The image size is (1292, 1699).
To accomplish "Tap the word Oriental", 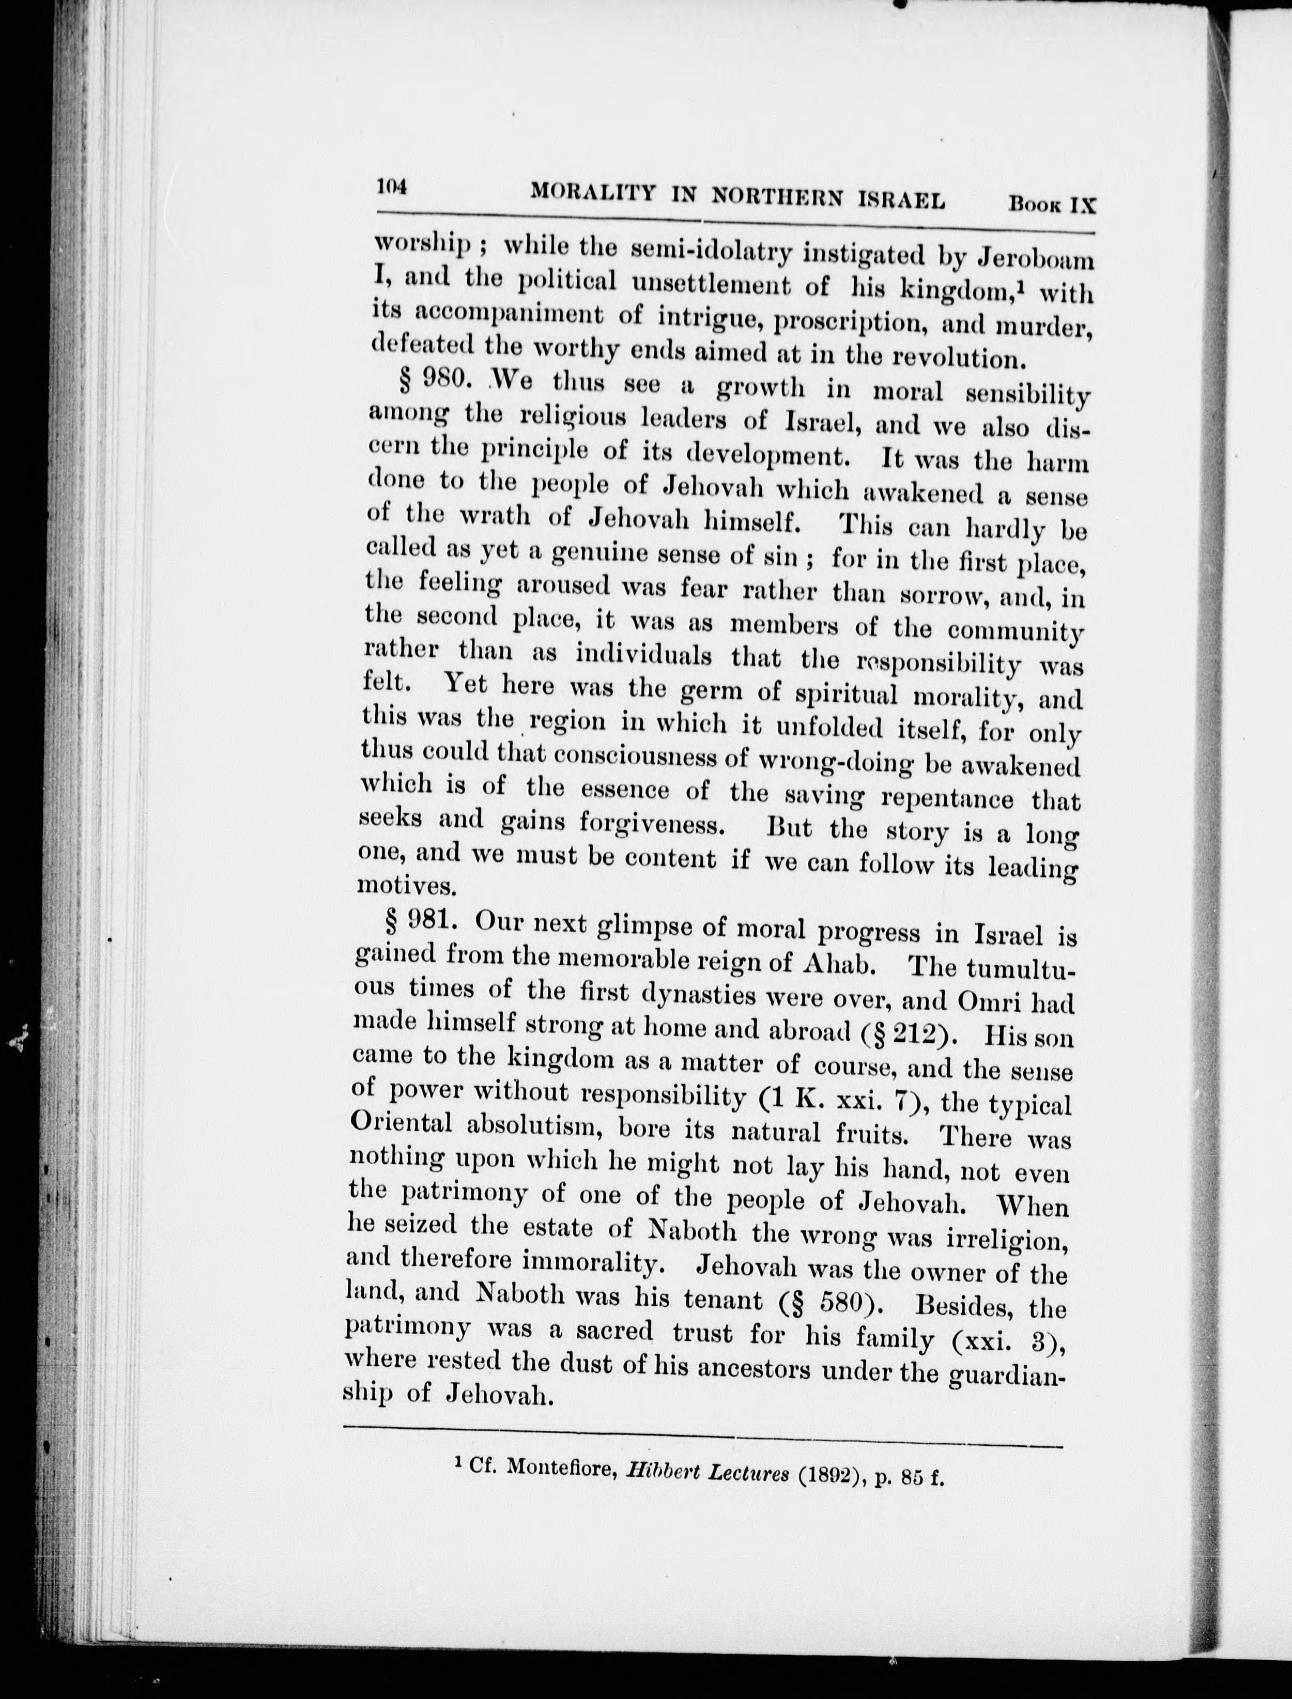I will click(x=400, y=1122).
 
